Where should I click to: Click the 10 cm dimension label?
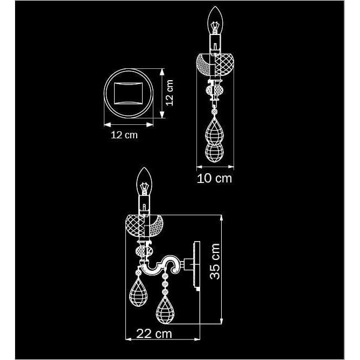[x=214, y=179]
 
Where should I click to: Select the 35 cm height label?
[x=215, y=262]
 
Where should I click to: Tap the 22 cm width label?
[x=154, y=334]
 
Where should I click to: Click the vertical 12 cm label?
[x=170, y=93]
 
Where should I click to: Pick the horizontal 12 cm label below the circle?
[x=124, y=135]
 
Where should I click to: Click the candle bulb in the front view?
[x=215, y=20]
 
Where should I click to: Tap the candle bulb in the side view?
[x=144, y=181]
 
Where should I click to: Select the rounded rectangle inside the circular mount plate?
[x=129, y=94]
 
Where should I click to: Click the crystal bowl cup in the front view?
[x=215, y=65]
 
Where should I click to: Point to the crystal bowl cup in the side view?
[x=144, y=225]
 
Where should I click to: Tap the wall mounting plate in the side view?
[x=197, y=266]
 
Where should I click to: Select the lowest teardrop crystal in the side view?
[x=165, y=310]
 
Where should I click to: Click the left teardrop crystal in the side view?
[x=138, y=293]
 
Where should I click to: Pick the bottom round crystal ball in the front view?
[x=215, y=152]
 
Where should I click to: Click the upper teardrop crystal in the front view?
[x=215, y=132]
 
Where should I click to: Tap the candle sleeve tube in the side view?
[x=144, y=205]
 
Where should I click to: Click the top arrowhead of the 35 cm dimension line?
[x=221, y=217]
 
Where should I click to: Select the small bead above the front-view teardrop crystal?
[x=215, y=112]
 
